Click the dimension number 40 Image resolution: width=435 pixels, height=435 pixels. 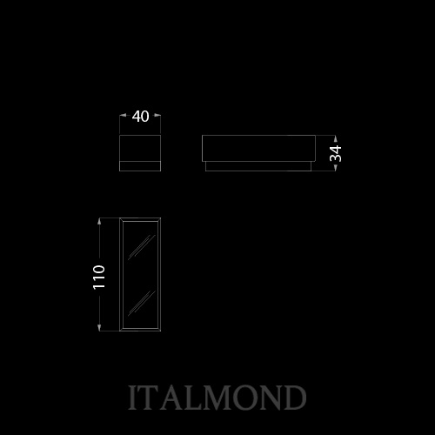[x=140, y=117]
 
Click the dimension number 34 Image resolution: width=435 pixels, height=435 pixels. [x=336, y=153]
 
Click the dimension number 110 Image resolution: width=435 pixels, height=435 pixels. [x=99, y=277]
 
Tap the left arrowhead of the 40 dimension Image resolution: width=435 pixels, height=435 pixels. [x=123, y=115]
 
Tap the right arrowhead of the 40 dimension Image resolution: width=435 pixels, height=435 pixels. [x=157, y=115]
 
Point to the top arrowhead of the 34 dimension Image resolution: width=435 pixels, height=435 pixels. [x=336, y=138]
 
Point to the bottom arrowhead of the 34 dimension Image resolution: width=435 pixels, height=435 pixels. [x=336, y=168]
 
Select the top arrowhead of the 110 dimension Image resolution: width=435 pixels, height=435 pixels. [x=99, y=221]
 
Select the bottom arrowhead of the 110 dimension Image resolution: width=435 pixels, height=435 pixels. [x=99, y=328]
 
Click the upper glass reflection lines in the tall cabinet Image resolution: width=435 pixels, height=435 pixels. [x=141, y=247]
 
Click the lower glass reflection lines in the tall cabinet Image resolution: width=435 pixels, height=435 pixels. [x=141, y=303]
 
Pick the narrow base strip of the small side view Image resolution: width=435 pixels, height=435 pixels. [x=140, y=166]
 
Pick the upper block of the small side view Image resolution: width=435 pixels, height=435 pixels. [x=140, y=148]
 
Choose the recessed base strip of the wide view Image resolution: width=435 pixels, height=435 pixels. [x=258, y=166]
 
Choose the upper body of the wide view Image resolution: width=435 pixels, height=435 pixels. [x=258, y=148]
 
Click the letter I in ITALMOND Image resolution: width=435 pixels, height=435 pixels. [x=132, y=398]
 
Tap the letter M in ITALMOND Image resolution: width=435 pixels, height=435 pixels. [x=215, y=398]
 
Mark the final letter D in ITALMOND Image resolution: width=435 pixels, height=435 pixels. [x=294, y=398]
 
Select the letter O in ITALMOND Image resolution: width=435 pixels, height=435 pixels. [x=242, y=398]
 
